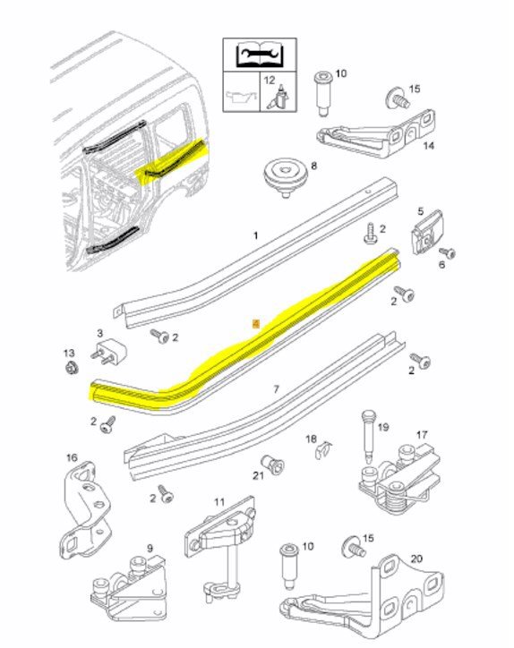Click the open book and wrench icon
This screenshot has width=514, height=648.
click(x=260, y=55)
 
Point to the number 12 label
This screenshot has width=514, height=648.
click(x=270, y=80)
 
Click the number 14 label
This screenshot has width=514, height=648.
click(x=428, y=146)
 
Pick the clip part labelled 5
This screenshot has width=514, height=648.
click(x=427, y=233)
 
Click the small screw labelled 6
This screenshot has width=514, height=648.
click(x=448, y=252)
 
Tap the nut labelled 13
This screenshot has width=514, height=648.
click(x=72, y=367)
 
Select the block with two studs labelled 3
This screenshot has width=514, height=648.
click(x=108, y=351)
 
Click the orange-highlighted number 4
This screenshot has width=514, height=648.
click(x=256, y=324)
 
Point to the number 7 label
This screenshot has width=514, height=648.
click(x=276, y=388)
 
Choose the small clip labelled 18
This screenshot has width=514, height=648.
click(x=323, y=449)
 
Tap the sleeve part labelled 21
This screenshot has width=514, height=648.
click(x=273, y=465)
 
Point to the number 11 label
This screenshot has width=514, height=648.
click(x=219, y=502)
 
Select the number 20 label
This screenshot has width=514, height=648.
click(x=416, y=558)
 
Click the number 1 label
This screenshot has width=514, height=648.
click(x=255, y=235)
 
